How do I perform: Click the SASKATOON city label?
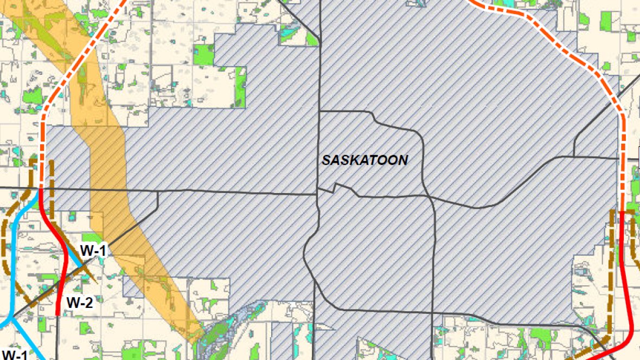pyautogui.click(x=364, y=160)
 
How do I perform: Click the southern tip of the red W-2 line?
pyautogui.click(x=58, y=313)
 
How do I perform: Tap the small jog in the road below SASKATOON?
pyautogui.click(x=336, y=188)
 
